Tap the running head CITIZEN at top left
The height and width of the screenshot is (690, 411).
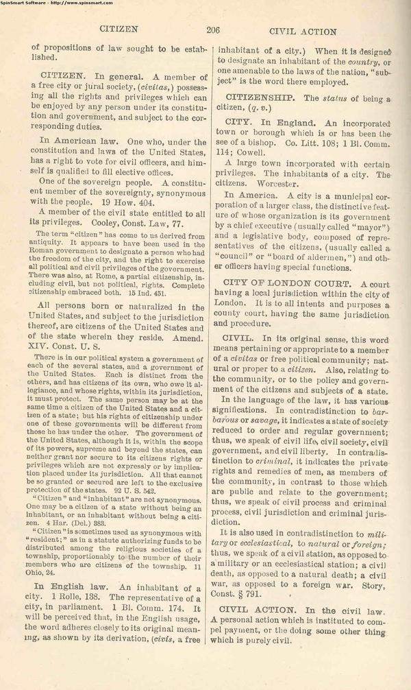pyautogui.click(x=119, y=30)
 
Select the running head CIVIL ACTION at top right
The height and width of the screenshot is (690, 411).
pyautogui.click(x=303, y=31)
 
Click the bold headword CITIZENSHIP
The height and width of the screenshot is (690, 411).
pyautogui.click(x=261, y=98)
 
